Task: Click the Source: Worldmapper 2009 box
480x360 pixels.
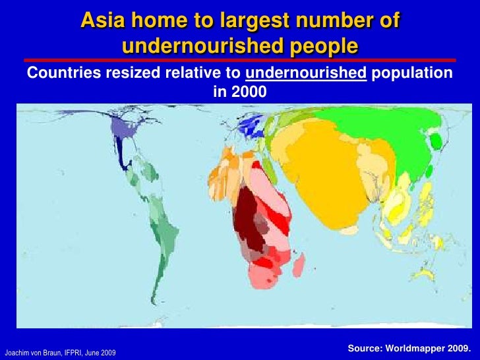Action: pos(409,347)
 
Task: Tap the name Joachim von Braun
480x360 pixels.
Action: pos(32,352)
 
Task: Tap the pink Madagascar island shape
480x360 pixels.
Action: pos(298,265)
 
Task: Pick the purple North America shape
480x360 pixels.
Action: pos(123,127)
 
